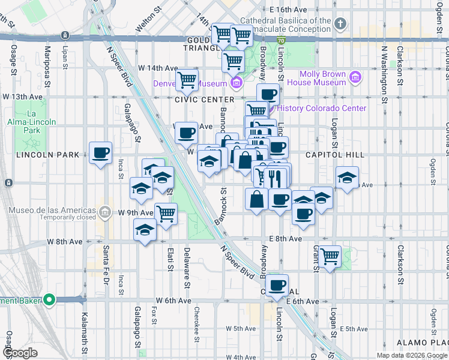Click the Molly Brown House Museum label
click(x=317, y=78)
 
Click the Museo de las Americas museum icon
click(x=105, y=212)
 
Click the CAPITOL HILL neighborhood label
click(x=334, y=155)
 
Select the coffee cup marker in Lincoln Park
click(x=100, y=152)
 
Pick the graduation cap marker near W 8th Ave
click(x=144, y=231)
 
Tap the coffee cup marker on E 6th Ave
click(x=277, y=286)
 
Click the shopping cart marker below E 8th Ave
click(x=330, y=256)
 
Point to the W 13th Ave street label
click(x=22, y=97)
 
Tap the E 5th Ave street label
click(x=353, y=329)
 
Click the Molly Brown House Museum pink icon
click(x=355, y=77)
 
